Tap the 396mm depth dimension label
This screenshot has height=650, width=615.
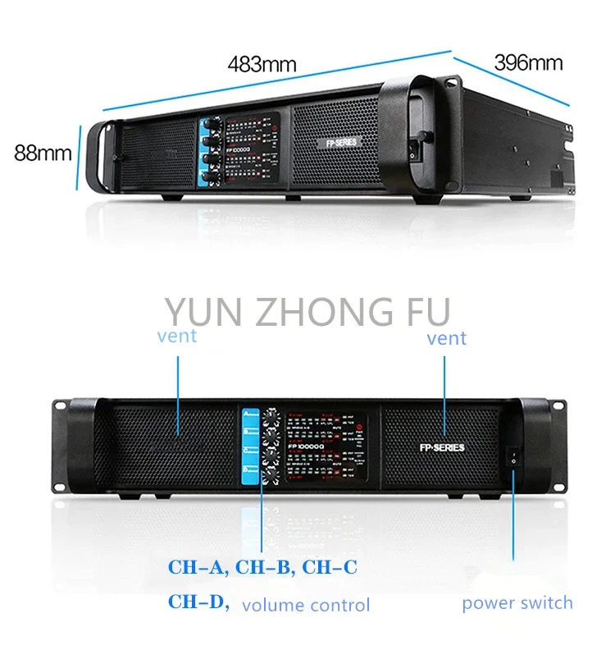pyautogui.click(x=528, y=62)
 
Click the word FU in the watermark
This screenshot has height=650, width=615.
pyautogui.click(x=419, y=313)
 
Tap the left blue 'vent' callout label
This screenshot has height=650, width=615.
pyautogui.click(x=176, y=336)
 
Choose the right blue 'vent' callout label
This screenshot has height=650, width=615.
pyautogui.click(x=446, y=337)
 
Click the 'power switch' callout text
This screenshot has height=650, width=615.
pyautogui.click(x=517, y=603)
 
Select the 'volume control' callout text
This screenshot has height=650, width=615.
pyautogui.click(x=306, y=606)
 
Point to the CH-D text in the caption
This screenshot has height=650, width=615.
pyautogui.click(x=197, y=602)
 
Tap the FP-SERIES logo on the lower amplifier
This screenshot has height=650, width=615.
pyautogui.click(x=441, y=447)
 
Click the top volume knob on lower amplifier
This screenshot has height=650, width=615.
pyautogui.click(x=270, y=415)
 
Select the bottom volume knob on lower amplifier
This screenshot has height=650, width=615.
pyautogui.click(x=270, y=477)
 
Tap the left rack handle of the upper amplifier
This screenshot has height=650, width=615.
pyautogui.click(x=101, y=156)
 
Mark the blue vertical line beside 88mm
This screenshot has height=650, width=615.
pyautogui.click(x=79, y=156)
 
